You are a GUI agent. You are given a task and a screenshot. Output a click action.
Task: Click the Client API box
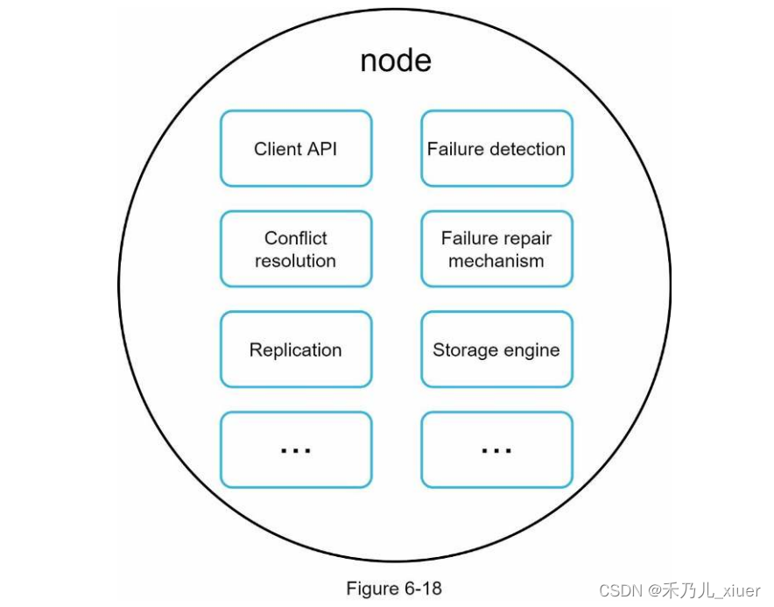point(296,149)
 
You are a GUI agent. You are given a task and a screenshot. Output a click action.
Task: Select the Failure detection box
point(496,149)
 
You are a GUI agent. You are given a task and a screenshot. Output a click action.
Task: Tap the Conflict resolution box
point(296,250)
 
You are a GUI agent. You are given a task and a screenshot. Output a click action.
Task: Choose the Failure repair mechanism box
point(496,250)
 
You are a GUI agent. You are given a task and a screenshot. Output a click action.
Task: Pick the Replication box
point(296,350)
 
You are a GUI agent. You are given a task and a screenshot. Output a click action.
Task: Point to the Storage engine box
point(496,350)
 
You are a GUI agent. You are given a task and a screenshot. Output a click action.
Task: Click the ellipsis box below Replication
point(296,450)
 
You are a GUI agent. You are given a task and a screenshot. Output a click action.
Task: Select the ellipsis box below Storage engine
point(496,450)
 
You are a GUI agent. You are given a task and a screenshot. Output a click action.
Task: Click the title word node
point(396,60)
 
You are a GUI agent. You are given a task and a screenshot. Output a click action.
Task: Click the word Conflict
point(296,238)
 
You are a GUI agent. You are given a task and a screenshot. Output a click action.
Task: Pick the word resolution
point(296,261)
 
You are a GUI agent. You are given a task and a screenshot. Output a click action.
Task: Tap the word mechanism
point(496,261)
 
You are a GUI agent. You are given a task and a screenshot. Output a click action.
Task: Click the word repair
point(528,238)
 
